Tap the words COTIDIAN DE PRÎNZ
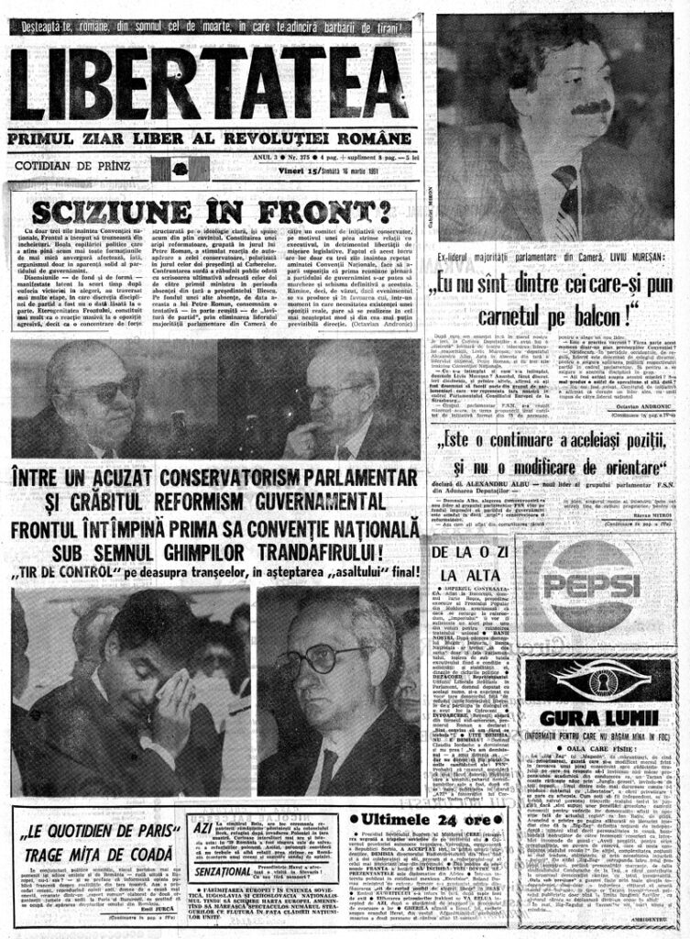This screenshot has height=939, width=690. (x=72, y=166)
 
